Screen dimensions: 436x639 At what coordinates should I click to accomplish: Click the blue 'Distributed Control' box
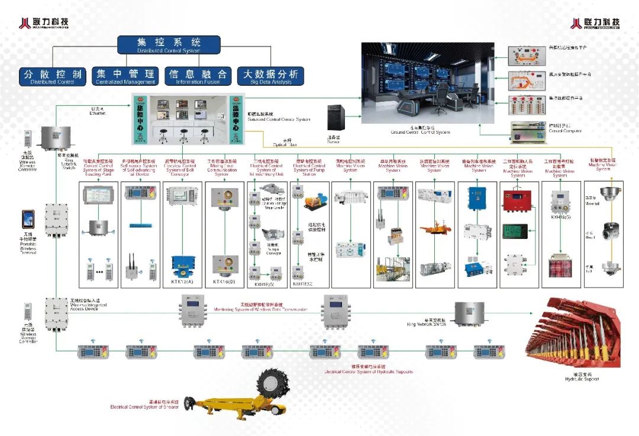[x=53, y=76]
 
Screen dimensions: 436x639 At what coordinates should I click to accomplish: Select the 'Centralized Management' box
[x=125, y=76]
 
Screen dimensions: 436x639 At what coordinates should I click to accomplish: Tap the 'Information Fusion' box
[x=198, y=76]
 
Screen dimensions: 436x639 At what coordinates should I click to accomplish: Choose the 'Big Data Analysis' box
[x=270, y=76]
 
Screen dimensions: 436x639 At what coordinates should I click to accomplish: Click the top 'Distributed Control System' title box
[x=169, y=45]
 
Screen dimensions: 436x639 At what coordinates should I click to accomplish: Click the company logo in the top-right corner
[x=595, y=23]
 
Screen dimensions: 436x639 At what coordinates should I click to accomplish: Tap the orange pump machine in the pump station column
[x=314, y=202]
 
